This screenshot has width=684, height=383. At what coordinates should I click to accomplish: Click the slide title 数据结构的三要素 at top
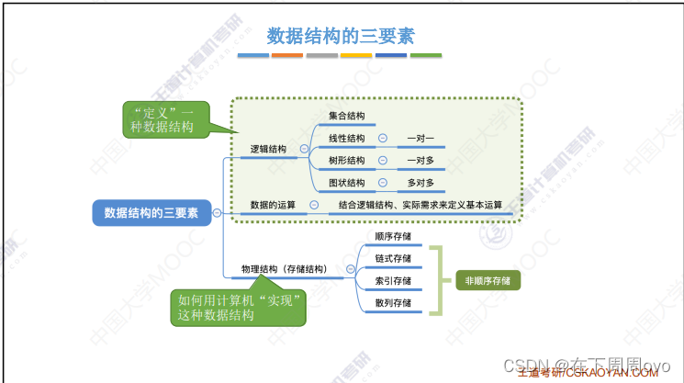(x=341, y=36)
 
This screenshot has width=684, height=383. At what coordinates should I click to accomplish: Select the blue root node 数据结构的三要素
(x=151, y=212)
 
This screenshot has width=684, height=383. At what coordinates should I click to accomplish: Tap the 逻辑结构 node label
(x=269, y=149)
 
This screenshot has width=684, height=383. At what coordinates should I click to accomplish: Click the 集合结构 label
(x=347, y=116)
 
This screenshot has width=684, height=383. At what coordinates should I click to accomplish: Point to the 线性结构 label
(x=347, y=139)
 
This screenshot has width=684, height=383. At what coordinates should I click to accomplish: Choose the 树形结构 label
(x=347, y=160)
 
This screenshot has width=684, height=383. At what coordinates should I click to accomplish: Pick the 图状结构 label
(x=347, y=182)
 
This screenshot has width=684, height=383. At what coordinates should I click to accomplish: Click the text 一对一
(x=420, y=139)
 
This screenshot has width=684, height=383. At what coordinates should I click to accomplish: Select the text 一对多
(x=420, y=160)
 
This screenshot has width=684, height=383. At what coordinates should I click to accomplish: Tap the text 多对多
(x=420, y=182)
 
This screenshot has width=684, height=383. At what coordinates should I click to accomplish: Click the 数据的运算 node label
(x=273, y=204)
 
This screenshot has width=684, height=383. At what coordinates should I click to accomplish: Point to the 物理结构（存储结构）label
(x=283, y=269)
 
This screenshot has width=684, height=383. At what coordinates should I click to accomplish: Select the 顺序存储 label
(x=393, y=236)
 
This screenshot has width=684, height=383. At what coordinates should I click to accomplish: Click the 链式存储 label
(x=393, y=258)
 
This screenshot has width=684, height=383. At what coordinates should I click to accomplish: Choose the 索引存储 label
(x=393, y=280)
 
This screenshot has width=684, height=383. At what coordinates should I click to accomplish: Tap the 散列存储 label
(x=393, y=302)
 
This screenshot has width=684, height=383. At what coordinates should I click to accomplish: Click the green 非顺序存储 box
(x=488, y=280)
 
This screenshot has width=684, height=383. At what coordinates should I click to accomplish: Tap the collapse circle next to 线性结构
(x=382, y=139)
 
